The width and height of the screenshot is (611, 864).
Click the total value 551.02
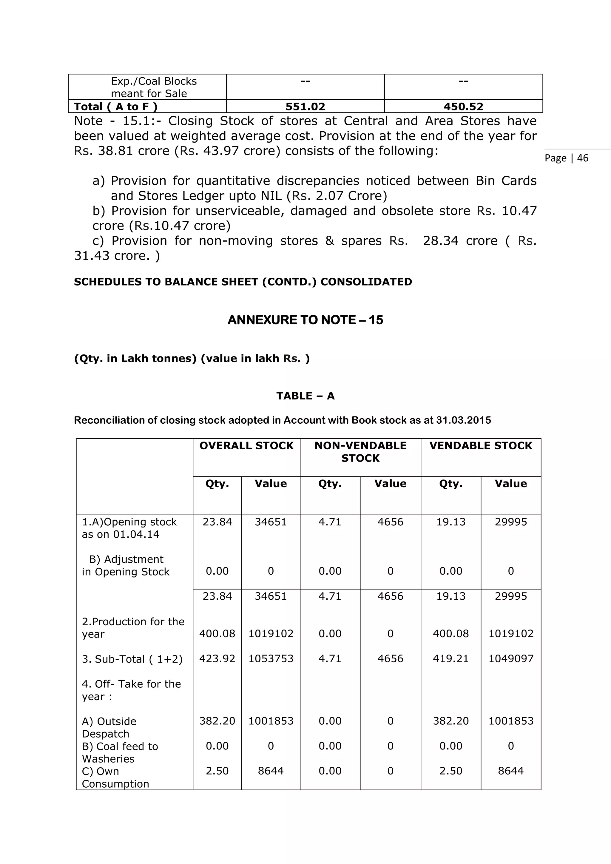pyautogui.click(x=305, y=107)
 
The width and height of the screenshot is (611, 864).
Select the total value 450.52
pyautogui.click(x=463, y=107)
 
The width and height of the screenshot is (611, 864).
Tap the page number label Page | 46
pyautogui.click(x=566, y=158)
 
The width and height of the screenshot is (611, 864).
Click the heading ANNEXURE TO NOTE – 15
pyautogui.click(x=305, y=320)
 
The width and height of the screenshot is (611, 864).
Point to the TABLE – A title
pyautogui.click(x=305, y=396)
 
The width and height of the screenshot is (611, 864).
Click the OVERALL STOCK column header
pyautogui.click(x=246, y=445)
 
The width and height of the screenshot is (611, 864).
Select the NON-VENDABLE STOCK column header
pyautogui.click(x=360, y=452)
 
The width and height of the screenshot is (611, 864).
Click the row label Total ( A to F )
pyautogui.click(x=115, y=107)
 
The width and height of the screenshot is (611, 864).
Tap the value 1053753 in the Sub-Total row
pyautogui.click(x=271, y=658)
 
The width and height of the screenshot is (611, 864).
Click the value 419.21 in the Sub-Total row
pyautogui.click(x=450, y=658)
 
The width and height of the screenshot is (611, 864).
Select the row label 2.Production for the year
pyautogui.click(x=133, y=628)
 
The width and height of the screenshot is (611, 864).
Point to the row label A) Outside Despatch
pyautogui.click(x=109, y=727)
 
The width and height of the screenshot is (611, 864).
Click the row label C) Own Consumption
pyautogui.click(x=115, y=777)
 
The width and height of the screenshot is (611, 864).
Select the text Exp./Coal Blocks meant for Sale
pyautogui.click(x=154, y=87)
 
